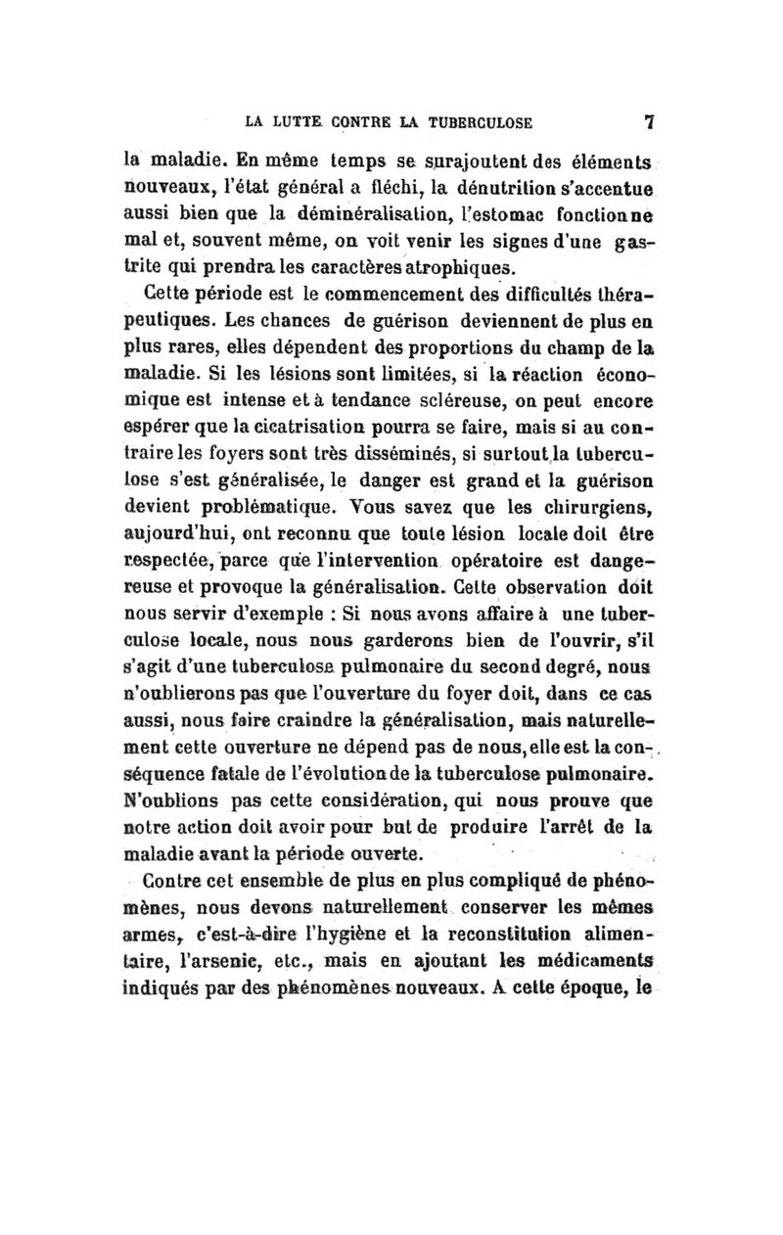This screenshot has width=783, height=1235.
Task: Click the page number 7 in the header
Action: click(x=647, y=123)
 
